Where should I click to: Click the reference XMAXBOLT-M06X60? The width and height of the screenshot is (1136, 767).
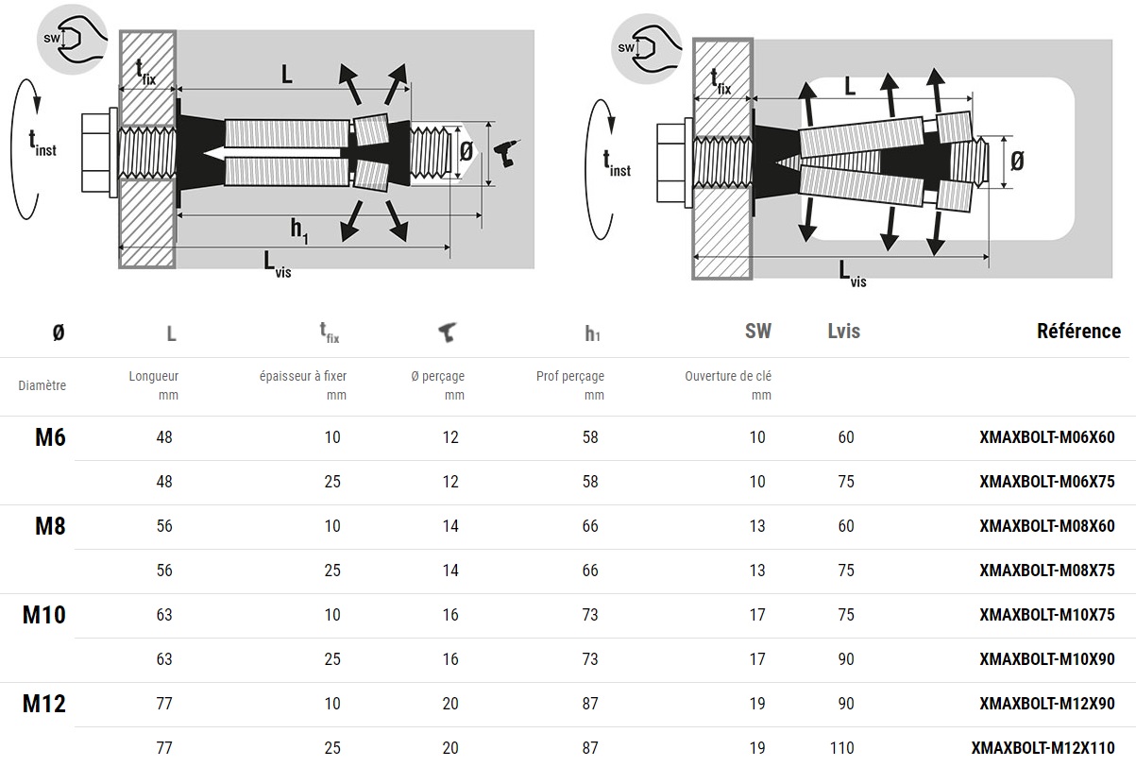1047,437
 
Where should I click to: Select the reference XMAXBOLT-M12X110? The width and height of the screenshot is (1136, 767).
1043,748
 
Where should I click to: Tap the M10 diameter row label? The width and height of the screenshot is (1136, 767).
44,615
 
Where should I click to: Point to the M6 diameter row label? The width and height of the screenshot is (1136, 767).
50,437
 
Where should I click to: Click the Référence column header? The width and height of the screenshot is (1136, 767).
1078,331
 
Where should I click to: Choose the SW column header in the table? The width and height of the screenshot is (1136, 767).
757,331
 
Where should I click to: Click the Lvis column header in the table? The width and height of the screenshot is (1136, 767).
843,331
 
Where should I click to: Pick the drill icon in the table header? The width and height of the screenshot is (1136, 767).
447,332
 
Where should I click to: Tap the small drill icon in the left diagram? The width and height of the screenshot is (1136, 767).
506,152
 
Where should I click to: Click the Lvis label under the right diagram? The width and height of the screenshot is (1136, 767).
852,274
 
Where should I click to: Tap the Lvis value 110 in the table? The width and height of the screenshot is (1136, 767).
841,748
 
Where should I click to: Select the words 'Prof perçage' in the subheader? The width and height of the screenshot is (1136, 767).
570,376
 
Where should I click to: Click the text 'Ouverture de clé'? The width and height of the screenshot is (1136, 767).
728,376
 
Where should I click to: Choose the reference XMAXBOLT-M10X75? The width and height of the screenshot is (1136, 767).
1047,615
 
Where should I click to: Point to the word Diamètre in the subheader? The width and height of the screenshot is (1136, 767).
42,385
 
